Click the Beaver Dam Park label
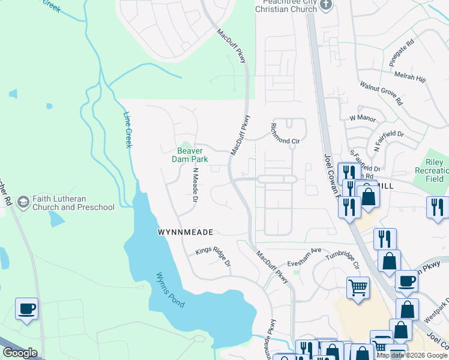click(192, 155)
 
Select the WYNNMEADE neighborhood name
click(185, 232)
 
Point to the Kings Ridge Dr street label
click(213, 257)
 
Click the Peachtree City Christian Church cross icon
click(326, 5)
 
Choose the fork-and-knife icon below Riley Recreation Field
click(437, 207)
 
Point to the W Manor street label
click(362, 118)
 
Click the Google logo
click(20, 353)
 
